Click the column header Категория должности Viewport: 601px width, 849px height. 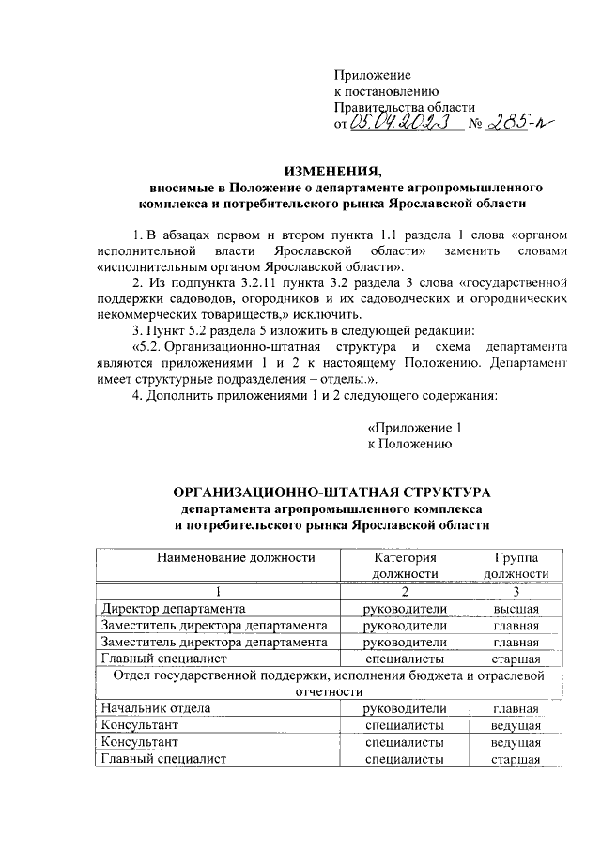click(x=405, y=565)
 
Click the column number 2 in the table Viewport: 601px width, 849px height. click(x=405, y=591)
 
